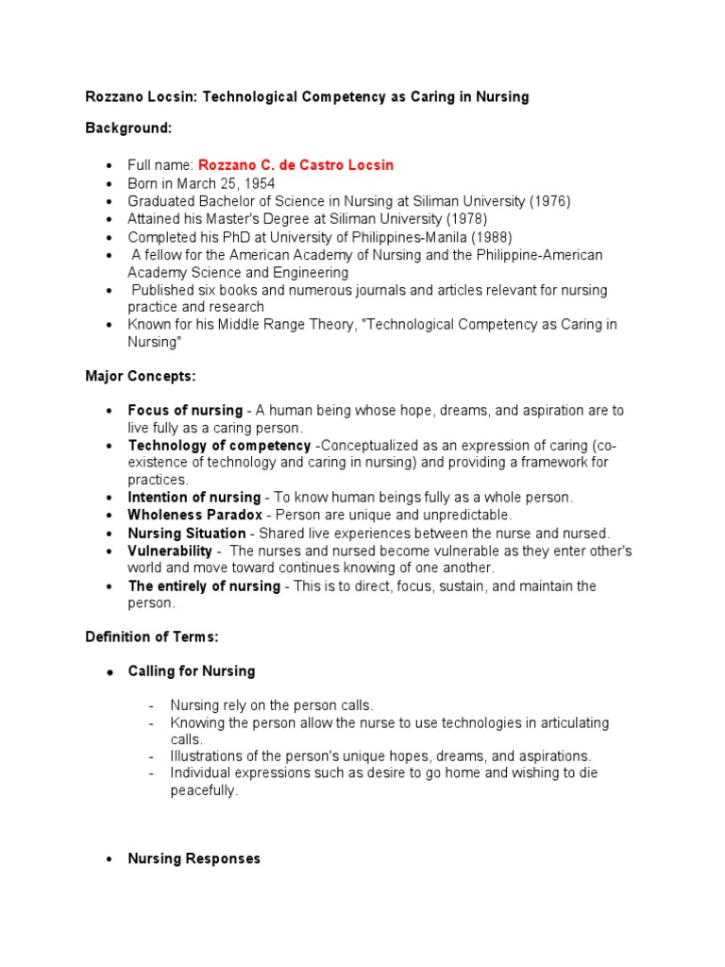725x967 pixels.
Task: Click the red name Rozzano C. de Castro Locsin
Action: click(295, 165)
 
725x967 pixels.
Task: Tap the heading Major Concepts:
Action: click(141, 376)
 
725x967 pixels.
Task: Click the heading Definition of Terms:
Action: click(151, 637)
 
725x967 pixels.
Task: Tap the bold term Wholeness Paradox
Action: click(195, 516)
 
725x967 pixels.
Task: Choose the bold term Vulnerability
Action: click(170, 551)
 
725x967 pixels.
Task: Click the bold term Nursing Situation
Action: click(187, 534)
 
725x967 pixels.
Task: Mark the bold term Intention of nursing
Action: click(194, 498)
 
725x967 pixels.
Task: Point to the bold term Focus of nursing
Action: click(185, 411)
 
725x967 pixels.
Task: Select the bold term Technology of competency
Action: click(219, 446)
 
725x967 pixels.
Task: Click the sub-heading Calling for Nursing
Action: click(192, 671)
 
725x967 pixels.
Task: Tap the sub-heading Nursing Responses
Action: click(194, 859)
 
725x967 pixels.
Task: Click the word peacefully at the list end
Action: click(204, 790)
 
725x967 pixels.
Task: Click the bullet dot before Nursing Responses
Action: click(110, 860)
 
